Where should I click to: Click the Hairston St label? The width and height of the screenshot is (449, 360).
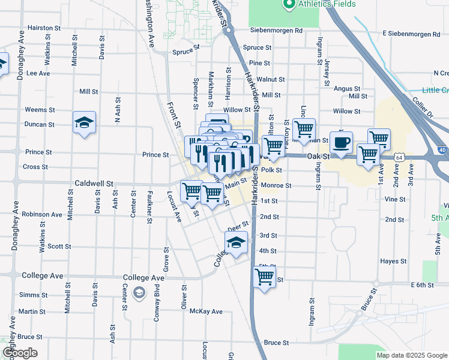[44, 28]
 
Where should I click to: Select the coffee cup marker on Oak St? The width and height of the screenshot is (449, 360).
[341, 143]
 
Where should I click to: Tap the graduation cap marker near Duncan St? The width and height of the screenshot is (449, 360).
[84, 123]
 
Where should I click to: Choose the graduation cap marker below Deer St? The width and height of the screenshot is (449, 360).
[236, 243]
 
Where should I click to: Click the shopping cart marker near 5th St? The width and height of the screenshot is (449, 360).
[264, 277]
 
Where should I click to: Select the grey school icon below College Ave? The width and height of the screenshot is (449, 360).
[139, 292]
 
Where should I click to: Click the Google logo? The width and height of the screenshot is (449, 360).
[20, 353]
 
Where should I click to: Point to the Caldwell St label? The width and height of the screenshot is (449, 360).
[94, 182]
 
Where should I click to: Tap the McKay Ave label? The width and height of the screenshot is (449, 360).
[206, 311]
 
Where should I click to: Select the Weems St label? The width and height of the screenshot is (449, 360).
[40, 110]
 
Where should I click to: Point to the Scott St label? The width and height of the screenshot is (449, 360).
[59, 246]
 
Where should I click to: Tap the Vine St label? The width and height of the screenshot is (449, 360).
[395, 199]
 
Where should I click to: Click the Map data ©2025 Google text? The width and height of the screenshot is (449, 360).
[411, 355]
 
